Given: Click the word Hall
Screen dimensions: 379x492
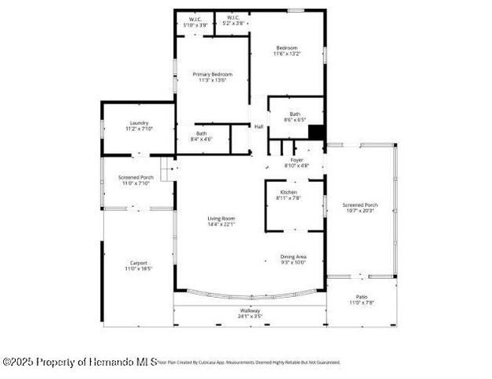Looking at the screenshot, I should click(x=259, y=126).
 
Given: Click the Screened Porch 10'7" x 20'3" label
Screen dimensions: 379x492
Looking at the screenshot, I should click(x=361, y=208).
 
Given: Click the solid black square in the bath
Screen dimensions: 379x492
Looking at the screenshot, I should click(x=316, y=133).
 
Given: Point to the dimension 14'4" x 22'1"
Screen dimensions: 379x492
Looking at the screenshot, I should click(x=221, y=225).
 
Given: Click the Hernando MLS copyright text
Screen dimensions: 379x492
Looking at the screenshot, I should click(x=80, y=362).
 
